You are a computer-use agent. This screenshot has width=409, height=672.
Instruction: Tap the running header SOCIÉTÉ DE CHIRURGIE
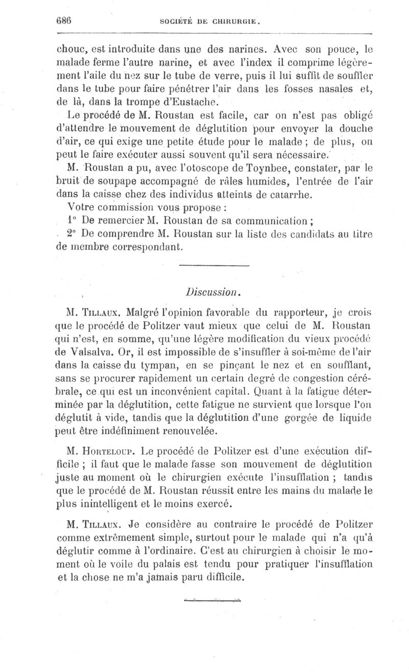(211, 22)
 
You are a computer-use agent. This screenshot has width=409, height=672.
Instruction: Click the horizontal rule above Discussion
(215, 267)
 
